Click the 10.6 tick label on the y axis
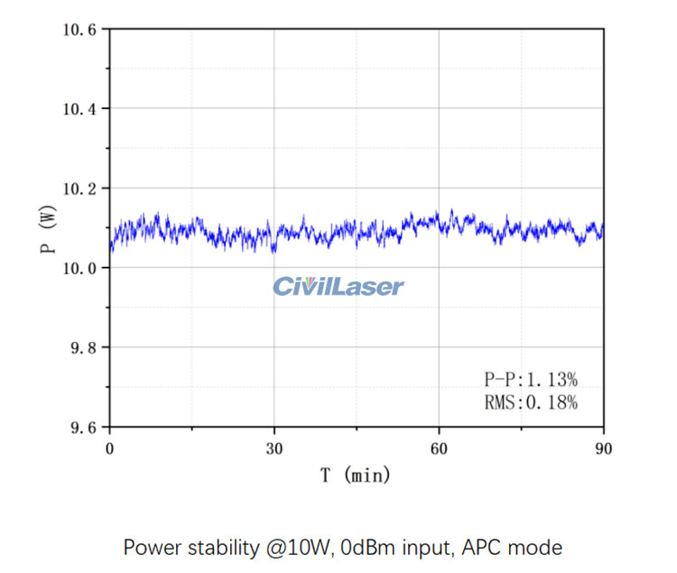(x=79, y=30)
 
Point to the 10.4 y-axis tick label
(x=79, y=109)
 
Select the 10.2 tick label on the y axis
(x=79, y=189)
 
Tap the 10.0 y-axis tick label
(x=79, y=268)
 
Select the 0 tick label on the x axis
(x=110, y=448)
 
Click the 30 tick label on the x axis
(x=274, y=448)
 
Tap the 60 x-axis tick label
(x=439, y=448)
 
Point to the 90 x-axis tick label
(x=603, y=448)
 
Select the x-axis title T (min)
(x=357, y=475)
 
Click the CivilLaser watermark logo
(x=338, y=287)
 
